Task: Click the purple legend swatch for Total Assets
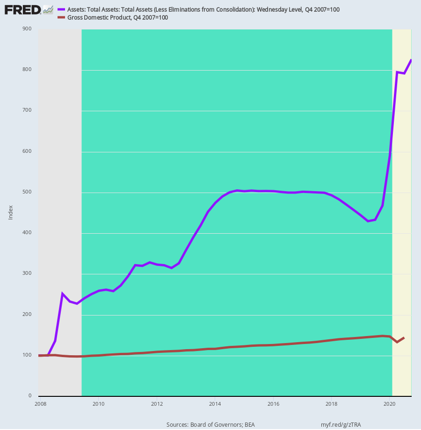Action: (x=61, y=9)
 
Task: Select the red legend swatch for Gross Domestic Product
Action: (x=61, y=18)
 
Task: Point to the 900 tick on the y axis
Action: (x=27, y=29)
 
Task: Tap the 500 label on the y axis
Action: (x=27, y=192)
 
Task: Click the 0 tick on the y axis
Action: (x=29, y=396)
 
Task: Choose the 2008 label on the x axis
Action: (x=40, y=404)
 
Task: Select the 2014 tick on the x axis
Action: (x=215, y=404)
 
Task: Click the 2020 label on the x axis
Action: (x=390, y=404)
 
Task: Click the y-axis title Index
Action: (x=11, y=213)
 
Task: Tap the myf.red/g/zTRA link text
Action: (x=341, y=425)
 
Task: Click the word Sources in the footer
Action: (x=177, y=425)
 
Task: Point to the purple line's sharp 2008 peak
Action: (x=63, y=294)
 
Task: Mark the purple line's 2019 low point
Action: (x=368, y=221)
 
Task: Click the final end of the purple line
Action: (x=411, y=60)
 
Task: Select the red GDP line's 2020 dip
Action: (x=397, y=342)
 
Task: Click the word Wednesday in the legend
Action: (x=270, y=10)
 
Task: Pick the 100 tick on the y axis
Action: (x=27, y=355)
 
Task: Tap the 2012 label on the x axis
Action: (x=157, y=404)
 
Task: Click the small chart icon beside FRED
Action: (x=48, y=10)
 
